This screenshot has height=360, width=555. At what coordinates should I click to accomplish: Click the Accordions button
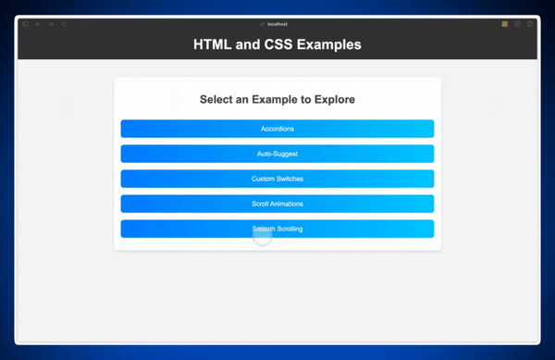pyautogui.click(x=277, y=129)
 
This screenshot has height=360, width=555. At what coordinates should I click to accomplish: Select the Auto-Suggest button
pyautogui.click(x=277, y=154)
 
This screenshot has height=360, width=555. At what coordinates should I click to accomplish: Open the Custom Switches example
pyautogui.click(x=277, y=179)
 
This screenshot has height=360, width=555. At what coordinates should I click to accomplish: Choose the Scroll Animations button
pyautogui.click(x=277, y=204)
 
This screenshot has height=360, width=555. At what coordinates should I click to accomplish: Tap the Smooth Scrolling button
pyautogui.click(x=277, y=229)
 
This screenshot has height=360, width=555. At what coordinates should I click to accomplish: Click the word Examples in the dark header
pyautogui.click(x=329, y=44)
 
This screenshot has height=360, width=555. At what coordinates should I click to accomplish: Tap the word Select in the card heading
pyautogui.click(x=218, y=99)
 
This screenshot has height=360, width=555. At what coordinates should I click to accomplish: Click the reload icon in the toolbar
pyautogui.click(x=64, y=24)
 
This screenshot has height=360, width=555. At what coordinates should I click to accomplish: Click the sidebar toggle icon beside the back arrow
pyautogui.click(x=25, y=24)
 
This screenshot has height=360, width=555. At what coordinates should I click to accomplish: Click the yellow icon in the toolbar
pyautogui.click(x=504, y=24)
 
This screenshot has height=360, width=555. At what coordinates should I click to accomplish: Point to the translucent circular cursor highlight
pyautogui.click(x=263, y=237)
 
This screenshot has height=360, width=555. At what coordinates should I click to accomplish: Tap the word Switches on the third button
pyautogui.click(x=290, y=179)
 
